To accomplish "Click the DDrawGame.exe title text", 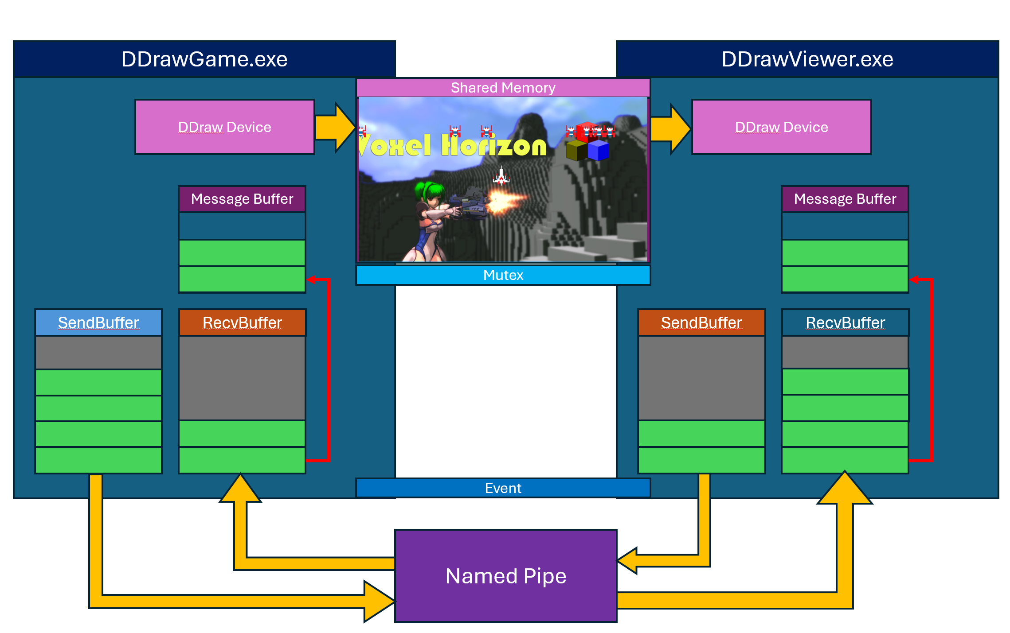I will tap(204, 59).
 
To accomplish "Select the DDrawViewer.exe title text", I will tap(807, 59).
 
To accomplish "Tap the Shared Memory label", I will tap(503, 88).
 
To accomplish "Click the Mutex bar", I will tap(503, 275).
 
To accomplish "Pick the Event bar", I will tap(503, 488).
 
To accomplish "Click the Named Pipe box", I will tap(505, 576).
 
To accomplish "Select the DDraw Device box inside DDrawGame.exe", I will tap(225, 127).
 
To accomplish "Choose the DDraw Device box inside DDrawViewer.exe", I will tap(781, 127).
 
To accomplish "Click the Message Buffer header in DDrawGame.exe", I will tap(242, 199).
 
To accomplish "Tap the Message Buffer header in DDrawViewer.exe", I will tap(845, 199).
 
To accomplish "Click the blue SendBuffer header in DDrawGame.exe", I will tap(98, 322).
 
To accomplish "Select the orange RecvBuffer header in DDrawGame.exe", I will tap(242, 322).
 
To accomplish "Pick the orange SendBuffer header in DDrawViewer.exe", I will tap(701, 322).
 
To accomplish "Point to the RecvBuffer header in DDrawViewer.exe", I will tap(845, 322).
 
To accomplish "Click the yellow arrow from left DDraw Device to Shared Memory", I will tap(335, 128).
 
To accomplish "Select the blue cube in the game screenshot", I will tap(598, 150).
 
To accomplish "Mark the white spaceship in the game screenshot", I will tap(501, 176).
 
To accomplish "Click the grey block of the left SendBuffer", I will tap(98, 353).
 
